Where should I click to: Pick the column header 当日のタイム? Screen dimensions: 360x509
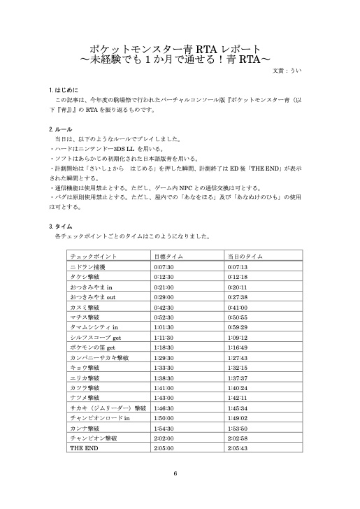(x=244, y=257)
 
